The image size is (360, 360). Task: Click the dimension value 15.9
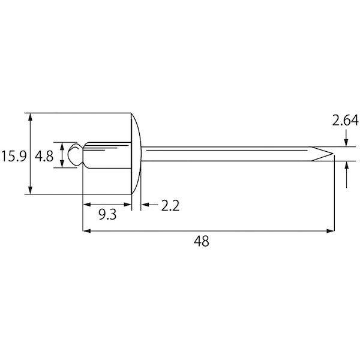[14, 156]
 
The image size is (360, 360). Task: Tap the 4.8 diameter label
[44, 156]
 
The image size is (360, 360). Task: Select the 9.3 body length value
[107, 215]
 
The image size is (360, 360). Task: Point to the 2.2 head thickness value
[170, 205]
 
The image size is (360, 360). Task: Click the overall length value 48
[202, 241]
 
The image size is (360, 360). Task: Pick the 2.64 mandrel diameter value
[345, 121]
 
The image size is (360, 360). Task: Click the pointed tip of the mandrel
[333, 154]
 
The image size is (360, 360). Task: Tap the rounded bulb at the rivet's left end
[75, 154]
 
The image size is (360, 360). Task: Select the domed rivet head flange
[136, 154]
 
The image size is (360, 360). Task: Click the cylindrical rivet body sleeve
[107, 155]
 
